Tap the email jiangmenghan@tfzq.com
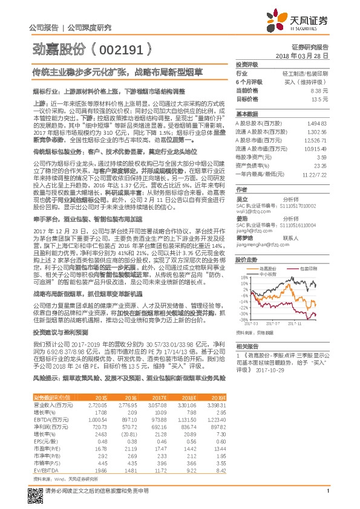(x=260, y=245)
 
